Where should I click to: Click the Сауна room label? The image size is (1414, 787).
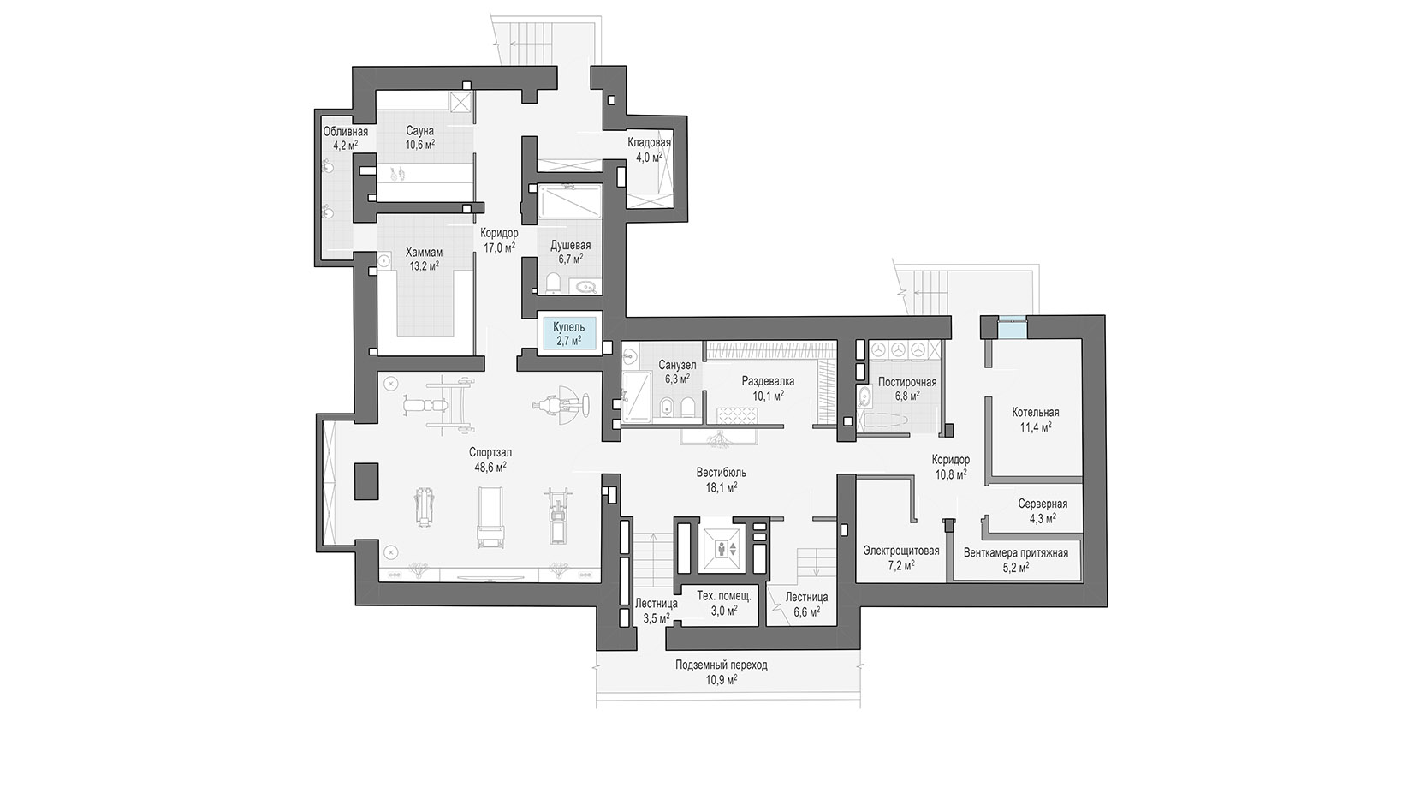(x=419, y=131)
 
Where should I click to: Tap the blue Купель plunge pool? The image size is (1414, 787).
(x=568, y=334)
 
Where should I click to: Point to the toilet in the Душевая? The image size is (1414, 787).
(x=552, y=283)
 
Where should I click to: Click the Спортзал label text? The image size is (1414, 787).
(x=490, y=452)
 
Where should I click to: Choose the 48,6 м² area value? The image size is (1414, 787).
(x=490, y=468)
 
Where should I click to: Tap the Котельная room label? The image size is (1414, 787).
(x=1036, y=413)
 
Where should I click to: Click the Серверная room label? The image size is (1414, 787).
(x=1043, y=504)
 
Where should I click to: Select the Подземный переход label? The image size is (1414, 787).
(x=721, y=665)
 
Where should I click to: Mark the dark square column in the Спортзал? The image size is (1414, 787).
(x=366, y=481)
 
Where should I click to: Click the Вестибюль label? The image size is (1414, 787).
(x=721, y=473)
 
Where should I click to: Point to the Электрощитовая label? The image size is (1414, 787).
(x=900, y=551)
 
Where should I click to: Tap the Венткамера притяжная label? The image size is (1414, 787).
(x=1016, y=553)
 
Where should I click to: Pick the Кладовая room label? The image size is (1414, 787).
(x=649, y=143)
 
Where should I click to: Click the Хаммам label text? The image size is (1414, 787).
(x=425, y=252)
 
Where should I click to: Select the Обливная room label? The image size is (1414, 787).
(x=345, y=132)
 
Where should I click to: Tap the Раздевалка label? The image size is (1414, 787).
(x=768, y=381)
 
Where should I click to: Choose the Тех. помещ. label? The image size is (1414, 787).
(x=723, y=596)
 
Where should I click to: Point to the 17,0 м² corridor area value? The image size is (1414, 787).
(x=499, y=247)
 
